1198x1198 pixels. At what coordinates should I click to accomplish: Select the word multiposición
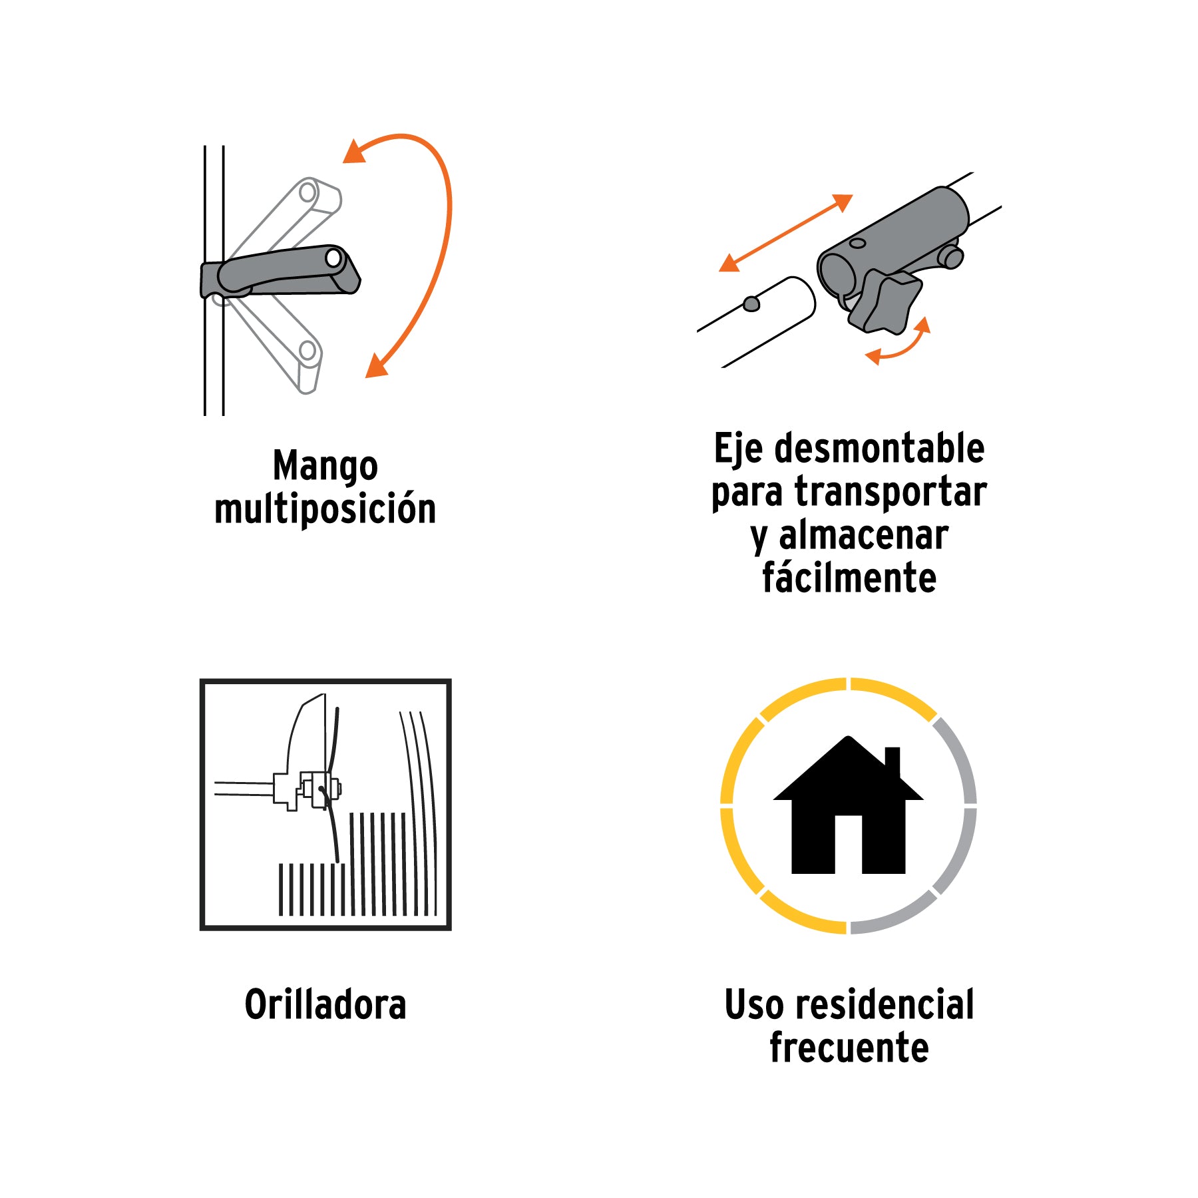pyautogui.click(x=325, y=509)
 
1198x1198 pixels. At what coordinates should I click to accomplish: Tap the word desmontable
pyautogui.click(x=880, y=448)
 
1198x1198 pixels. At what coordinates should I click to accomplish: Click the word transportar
pyautogui.click(x=891, y=493)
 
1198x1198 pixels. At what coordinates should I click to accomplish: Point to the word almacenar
pyautogui.click(x=863, y=536)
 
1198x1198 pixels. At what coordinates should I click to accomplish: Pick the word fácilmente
pyautogui.click(x=849, y=577)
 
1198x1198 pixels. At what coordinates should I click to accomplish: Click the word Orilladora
pyautogui.click(x=325, y=1005)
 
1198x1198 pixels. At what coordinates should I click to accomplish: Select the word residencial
pyautogui.click(x=883, y=1005)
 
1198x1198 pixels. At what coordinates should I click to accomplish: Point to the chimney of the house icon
pyautogui.click(x=893, y=762)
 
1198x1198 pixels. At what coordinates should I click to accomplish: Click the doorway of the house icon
pyautogui.click(x=849, y=845)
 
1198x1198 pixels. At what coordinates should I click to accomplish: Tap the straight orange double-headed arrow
pyautogui.click(x=786, y=233)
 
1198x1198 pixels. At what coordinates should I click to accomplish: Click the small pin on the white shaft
pyautogui.click(x=751, y=303)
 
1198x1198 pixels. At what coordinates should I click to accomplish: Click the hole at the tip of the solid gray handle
pyautogui.click(x=334, y=258)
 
